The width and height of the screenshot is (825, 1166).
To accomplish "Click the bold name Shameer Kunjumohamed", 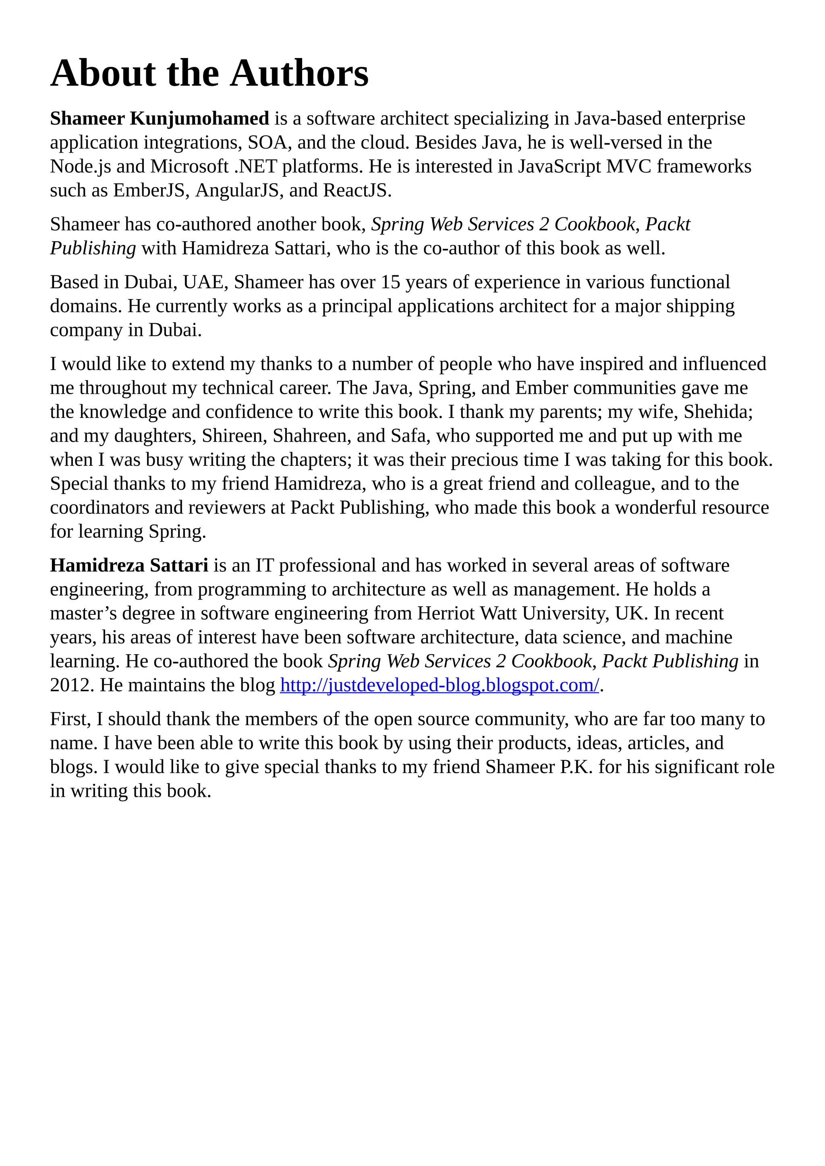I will [159, 118].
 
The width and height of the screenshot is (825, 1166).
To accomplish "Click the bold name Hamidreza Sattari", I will [129, 565].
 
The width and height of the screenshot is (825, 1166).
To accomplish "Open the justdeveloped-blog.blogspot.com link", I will [439, 685].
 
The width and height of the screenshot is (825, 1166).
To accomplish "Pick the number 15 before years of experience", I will [391, 282].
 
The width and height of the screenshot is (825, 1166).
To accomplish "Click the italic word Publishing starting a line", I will [93, 248].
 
